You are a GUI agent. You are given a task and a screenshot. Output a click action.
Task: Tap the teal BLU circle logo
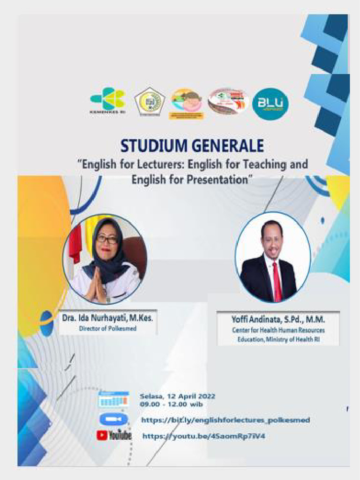[270, 104]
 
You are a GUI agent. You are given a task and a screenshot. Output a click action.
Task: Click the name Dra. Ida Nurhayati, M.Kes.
[108, 318]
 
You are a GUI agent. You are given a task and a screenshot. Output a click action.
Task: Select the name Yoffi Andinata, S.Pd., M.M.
[278, 320]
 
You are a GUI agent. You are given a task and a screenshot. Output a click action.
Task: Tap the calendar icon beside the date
[113, 399]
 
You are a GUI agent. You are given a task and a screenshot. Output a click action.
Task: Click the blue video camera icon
[113, 419]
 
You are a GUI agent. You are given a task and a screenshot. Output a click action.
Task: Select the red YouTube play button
[102, 435]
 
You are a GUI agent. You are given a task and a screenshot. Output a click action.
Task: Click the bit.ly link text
[225, 420]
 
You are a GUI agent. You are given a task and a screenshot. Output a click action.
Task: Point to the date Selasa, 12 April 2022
[177, 396]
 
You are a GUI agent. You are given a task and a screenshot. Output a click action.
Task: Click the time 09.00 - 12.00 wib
[171, 404]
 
